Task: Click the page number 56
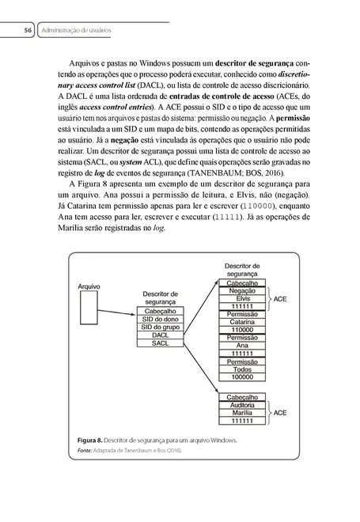[28, 30]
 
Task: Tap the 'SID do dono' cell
[162, 319]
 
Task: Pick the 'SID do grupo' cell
[162, 327]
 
